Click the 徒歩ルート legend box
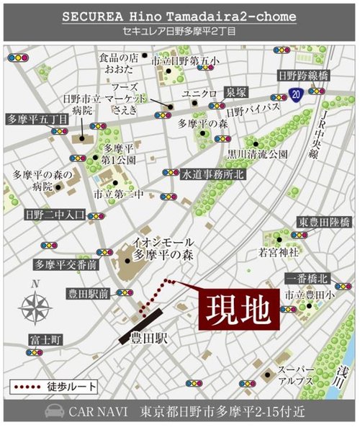pos(52,386)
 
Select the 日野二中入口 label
pos(55,214)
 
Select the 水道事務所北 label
pos(212,174)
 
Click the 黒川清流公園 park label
pos(258,153)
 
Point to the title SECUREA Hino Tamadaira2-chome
pos(179,15)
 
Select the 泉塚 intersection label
pos(237,94)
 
